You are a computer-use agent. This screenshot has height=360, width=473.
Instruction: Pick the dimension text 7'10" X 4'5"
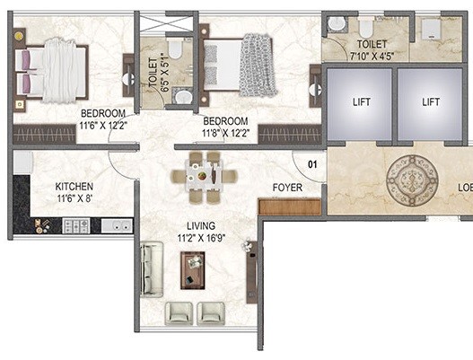tap(370, 55)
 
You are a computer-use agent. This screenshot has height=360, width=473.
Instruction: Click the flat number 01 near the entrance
tap(313, 164)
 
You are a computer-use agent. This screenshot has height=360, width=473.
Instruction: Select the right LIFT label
tap(431, 102)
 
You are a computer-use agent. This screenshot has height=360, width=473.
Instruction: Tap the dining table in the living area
tap(206, 171)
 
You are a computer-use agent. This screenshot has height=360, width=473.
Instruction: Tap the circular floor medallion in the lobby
tap(408, 180)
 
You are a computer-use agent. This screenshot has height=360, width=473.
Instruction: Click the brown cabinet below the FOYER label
tap(289, 206)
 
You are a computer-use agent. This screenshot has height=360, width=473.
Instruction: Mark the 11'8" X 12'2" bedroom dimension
tap(226, 133)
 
